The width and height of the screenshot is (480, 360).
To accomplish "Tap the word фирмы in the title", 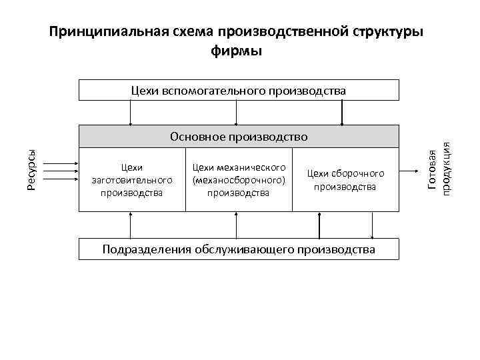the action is coord(237,51).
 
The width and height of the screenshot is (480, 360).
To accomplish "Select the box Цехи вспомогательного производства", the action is coord(239,90).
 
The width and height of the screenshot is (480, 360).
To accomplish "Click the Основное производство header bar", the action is coord(239,137).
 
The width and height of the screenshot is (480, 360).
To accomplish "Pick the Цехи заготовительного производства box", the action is coord(132,180).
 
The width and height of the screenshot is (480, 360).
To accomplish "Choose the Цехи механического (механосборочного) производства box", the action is coord(238,180).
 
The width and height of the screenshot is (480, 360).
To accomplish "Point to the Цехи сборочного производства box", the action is coord(345,180).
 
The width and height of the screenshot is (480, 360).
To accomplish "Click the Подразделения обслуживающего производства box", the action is coord(239,249).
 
